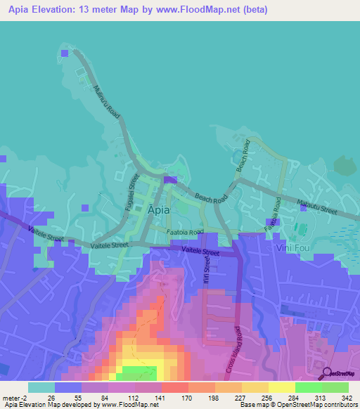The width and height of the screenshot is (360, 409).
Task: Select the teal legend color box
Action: coord(41,387)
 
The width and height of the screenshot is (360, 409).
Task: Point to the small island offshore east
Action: coord(345,166)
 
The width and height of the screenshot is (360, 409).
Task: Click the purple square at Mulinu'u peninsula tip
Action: coord(65,53)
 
